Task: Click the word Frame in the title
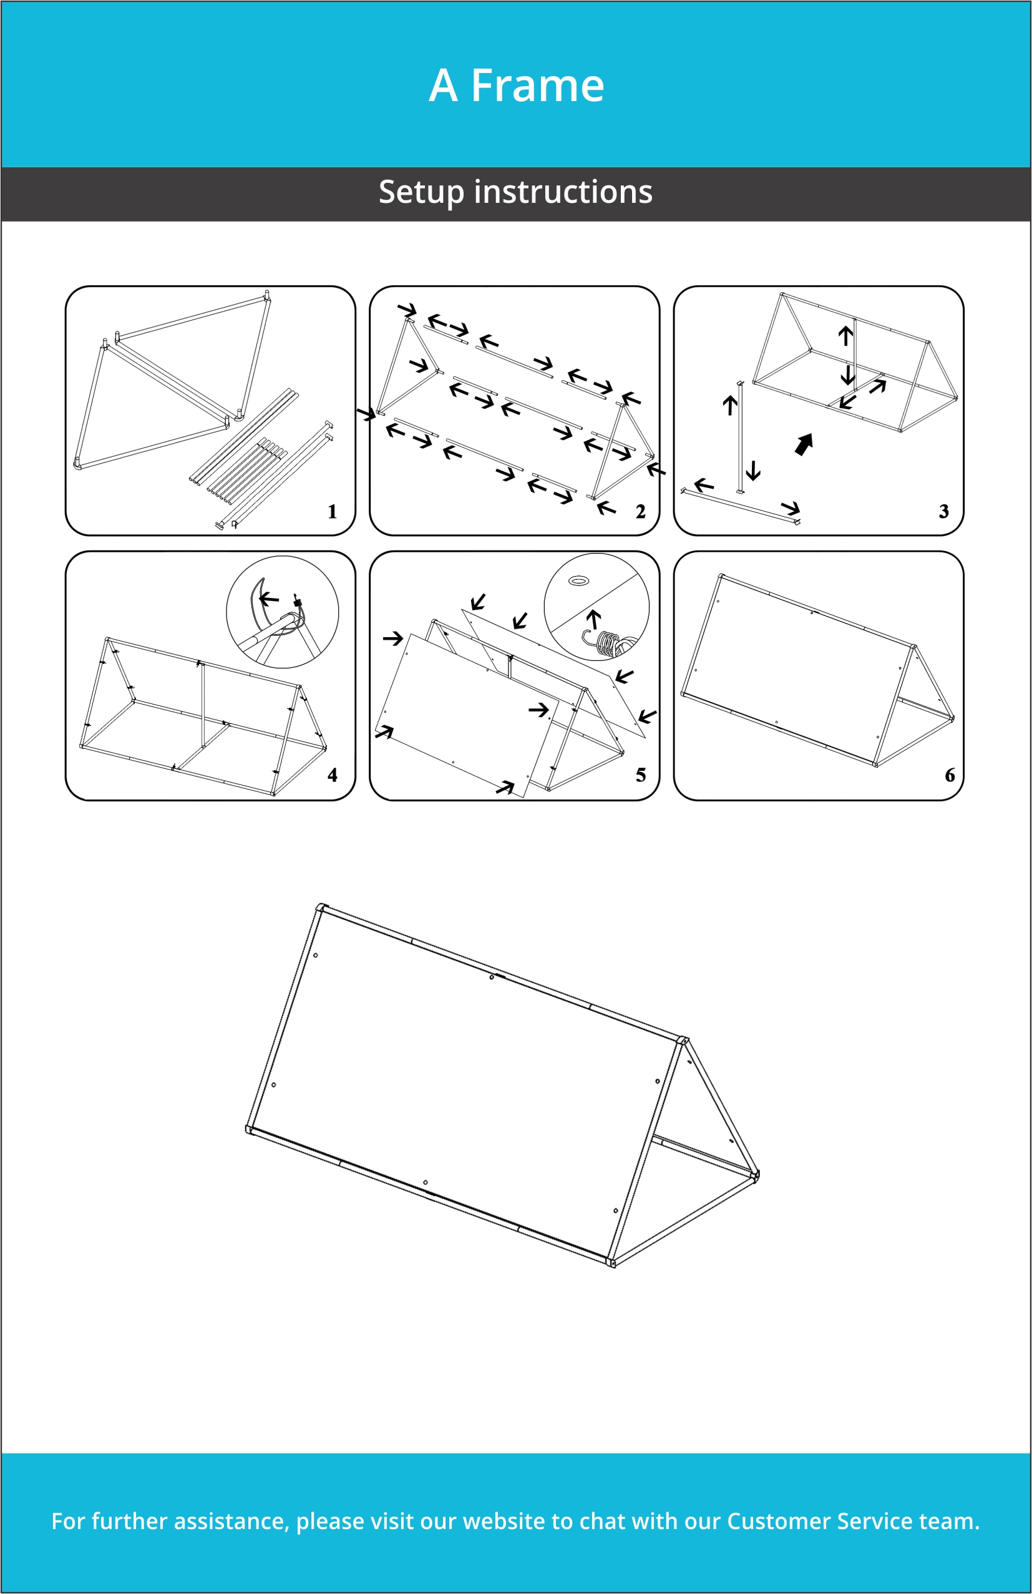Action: pos(537,86)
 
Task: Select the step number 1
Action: pos(332,512)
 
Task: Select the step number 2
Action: pos(640,512)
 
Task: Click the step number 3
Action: pos(943,512)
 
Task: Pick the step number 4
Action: pos(332,775)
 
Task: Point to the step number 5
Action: pos(640,775)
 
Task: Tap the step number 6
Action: pos(949,775)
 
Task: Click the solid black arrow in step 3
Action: pos(804,444)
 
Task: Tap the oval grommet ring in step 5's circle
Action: pos(578,580)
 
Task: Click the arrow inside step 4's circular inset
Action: pos(269,598)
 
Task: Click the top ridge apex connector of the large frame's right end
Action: pos(683,1041)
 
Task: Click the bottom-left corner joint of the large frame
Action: pos(250,1130)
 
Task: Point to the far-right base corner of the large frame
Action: pos(756,1175)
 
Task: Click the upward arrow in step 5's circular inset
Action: pos(593,619)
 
